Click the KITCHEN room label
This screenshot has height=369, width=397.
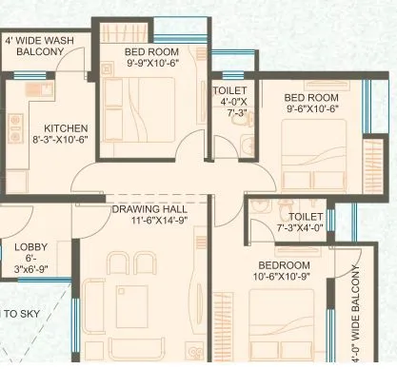[x=66, y=128]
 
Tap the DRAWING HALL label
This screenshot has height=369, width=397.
[x=149, y=208]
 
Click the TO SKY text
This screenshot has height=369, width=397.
[x=21, y=313]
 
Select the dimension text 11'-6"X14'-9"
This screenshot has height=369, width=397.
[x=149, y=221]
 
